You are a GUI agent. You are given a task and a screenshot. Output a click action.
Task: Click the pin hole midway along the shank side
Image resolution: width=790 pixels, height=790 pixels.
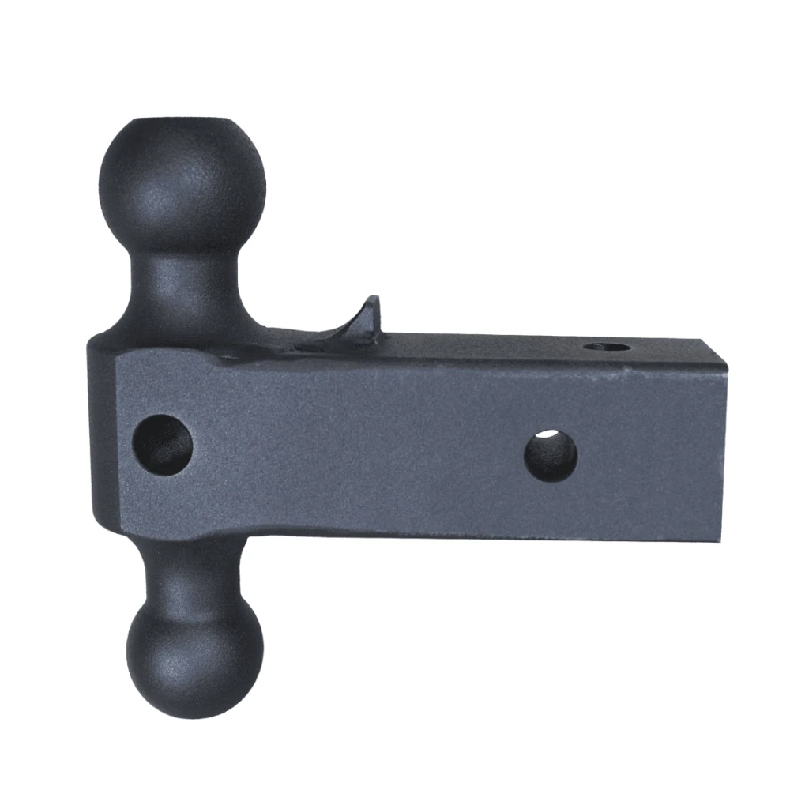coord(551,455)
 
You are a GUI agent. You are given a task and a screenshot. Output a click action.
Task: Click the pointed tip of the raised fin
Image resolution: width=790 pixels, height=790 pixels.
coord(374,299)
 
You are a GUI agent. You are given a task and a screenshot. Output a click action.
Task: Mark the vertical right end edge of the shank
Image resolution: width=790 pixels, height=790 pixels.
coord(724,450)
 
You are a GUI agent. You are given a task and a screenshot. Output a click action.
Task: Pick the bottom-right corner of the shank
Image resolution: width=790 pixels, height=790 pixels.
coord(721,540)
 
